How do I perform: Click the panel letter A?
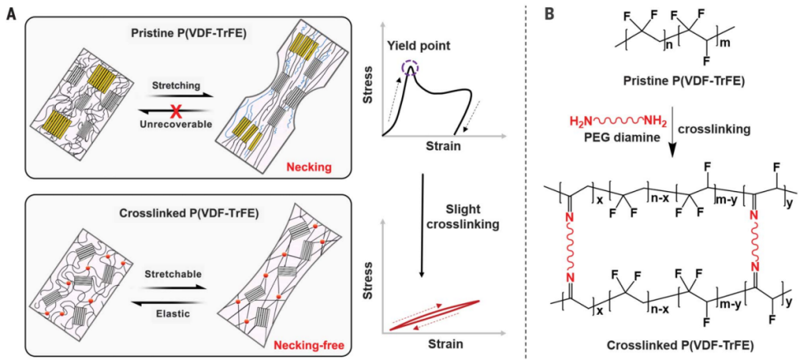(x=10, y=16)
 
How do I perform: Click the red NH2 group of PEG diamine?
(x=660, y=127)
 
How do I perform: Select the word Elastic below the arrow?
(x=170, y=314)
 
